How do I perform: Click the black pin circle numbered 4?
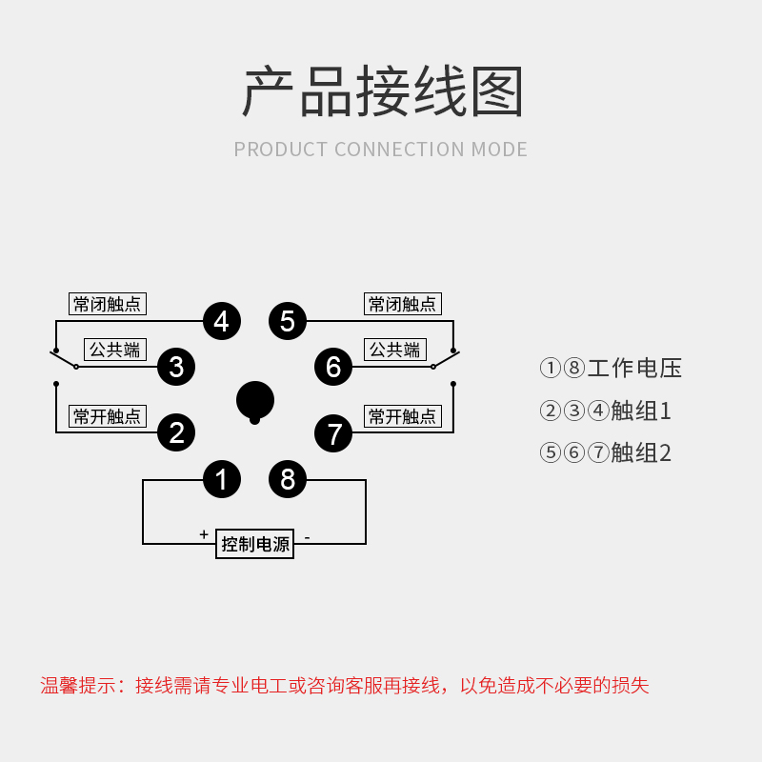coord(221,321)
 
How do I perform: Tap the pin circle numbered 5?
coord(288,321)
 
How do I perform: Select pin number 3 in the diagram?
coord(176,367)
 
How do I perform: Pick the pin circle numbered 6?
coord(332,367)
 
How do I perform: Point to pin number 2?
coord(176,433)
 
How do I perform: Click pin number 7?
coord(333,434)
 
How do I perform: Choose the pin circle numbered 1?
coord(221,479)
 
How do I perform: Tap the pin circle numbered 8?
coord(288,479)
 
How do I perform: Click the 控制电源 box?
coord(254,544)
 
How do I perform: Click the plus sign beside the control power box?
coord(204,534)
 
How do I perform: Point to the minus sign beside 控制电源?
coord(307,537)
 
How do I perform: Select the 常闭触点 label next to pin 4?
coord(108,304)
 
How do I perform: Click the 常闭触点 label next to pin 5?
coord(403,304)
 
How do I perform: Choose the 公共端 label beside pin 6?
coord(394,350)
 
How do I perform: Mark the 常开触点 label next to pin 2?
coord(108,416)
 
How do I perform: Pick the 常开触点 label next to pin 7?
coord(403,416)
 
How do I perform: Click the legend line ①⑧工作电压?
coord(611,369)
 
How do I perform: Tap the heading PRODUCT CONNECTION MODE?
coord(380,150)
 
